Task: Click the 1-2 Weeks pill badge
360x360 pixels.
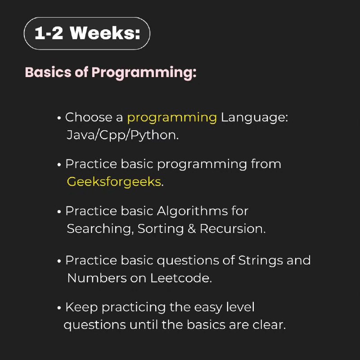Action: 87,33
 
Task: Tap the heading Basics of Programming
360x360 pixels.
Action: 111,73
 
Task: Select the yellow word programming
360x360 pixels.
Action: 172,118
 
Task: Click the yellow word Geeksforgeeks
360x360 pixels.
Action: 114,182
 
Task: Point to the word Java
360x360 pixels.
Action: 81,135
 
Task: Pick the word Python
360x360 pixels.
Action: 153,135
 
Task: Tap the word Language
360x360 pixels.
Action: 252,118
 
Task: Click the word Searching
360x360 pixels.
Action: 99,229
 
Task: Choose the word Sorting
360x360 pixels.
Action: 161,229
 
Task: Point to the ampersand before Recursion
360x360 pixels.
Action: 192,229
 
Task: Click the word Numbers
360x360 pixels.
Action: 97,278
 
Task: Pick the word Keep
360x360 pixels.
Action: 81,308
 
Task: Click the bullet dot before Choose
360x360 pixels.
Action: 59,118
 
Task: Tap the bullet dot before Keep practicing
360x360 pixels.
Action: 59,308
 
